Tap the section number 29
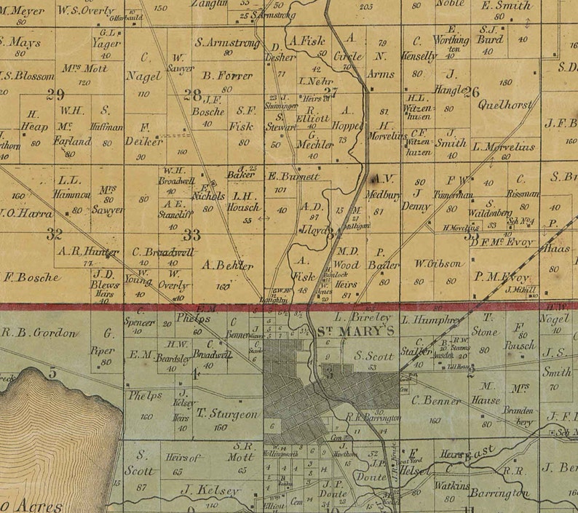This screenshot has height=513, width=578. coord(55,93)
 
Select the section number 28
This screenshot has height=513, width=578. coord(192,94)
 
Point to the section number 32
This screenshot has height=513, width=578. coord(54,234)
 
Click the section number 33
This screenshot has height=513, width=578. coord(192,234)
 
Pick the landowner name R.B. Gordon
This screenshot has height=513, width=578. coord(39,333)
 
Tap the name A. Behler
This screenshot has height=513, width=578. coord(229,265)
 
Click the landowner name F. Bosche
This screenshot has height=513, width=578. coord(31,277)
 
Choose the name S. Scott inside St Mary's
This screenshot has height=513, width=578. coord(369,357)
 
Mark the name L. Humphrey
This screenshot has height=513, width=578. coord(431,319)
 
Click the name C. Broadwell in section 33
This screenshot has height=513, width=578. coord(163,252)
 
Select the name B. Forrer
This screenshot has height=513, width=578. coord(228,75)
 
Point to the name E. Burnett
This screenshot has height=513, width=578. coord(293,176)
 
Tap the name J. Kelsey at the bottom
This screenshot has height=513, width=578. coord(210,491)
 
